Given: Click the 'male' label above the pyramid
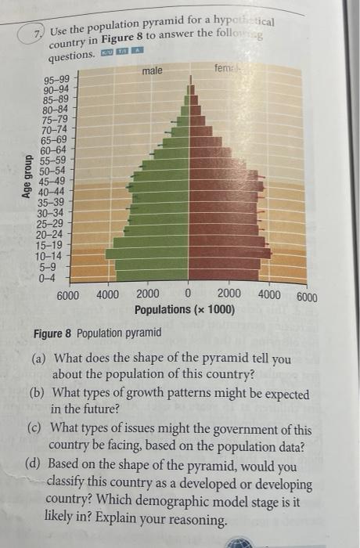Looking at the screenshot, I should [x=153, y=71].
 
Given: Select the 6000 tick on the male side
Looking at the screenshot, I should [x=68, y=295].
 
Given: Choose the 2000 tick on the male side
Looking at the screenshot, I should [x=147, y=295].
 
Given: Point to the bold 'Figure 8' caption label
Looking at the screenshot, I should [x=52, y=333].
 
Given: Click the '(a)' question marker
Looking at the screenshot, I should [x=38, y=359].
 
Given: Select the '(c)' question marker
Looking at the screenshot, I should [x=38, y=430].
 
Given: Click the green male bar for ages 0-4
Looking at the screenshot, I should [x=152, y=275].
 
